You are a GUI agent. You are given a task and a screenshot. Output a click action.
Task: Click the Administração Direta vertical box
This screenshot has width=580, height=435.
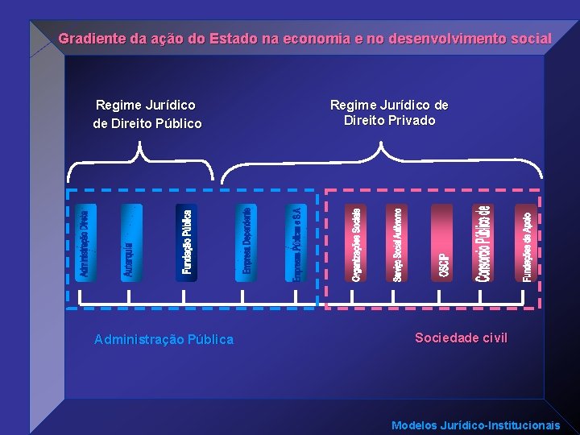(x=85, y=243)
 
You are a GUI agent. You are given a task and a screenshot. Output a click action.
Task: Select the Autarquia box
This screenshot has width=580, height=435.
(x=130, y=243)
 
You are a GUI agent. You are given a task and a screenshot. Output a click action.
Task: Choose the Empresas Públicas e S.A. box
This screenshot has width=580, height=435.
(x=296, y=243)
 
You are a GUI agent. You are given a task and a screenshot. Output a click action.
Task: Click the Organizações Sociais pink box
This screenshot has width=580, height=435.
(x=356, y=243)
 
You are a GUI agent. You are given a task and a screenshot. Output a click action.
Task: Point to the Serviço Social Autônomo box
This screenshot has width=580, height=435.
(x=398, y=243)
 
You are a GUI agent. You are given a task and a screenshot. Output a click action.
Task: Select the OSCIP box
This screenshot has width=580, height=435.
(x=442, y=243)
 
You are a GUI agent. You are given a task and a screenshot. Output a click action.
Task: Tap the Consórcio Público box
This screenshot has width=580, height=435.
(x=483, y=243)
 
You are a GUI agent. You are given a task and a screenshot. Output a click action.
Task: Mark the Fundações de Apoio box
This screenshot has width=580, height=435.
(x=526, y=243)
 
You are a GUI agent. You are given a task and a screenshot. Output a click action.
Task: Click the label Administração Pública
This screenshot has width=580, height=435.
(x=164, y=340)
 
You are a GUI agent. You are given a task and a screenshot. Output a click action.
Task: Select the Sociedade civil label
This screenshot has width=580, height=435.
(x=461, y=338)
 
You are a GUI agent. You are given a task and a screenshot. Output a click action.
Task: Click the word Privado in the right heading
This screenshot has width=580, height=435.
(x=412, y=121)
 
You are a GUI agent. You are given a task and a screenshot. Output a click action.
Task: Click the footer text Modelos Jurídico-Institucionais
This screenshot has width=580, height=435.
(x=475, y=425)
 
